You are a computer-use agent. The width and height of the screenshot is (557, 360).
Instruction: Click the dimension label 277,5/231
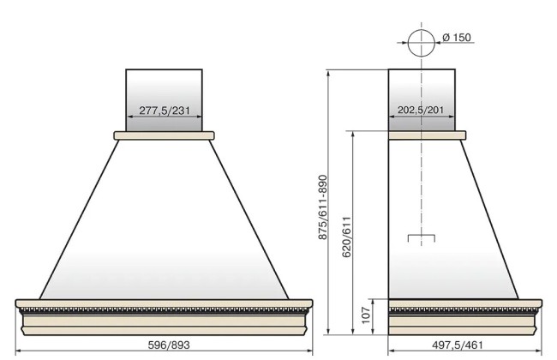pos(165,111)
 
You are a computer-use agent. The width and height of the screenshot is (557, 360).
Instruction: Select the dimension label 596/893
pos(169,345)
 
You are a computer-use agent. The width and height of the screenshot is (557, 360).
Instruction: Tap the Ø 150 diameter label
pos(457,38)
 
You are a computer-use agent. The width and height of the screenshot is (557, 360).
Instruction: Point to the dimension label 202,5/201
pos(421,110)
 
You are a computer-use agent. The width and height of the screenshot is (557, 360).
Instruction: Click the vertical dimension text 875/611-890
pos(322,207)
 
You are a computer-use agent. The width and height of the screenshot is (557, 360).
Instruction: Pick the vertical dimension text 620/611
pos(346,237)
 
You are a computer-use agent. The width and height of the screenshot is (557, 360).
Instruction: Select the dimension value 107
pos(366,315)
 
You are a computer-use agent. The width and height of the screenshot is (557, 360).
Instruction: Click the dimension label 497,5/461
pos(458,345)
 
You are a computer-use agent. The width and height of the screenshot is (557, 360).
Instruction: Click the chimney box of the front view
pos(165,100)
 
